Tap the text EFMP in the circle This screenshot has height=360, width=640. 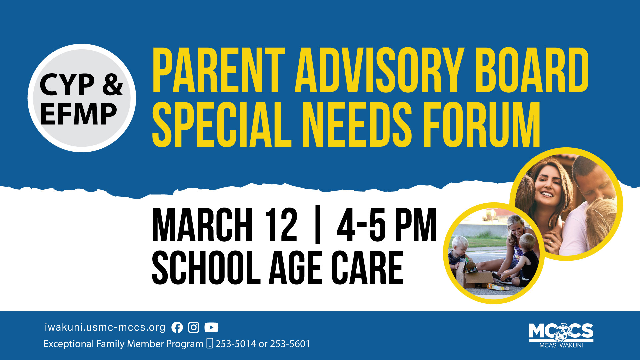point(79,114)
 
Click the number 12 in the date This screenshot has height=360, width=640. point(281,225)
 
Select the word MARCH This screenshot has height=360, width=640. point(202,225)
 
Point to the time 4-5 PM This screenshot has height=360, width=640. point(387,225)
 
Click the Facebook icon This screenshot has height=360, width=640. point(177,328)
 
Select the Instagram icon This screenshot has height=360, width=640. point(194,328)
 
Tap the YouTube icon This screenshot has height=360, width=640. point(211,328)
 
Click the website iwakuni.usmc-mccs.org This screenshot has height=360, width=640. point(105,327)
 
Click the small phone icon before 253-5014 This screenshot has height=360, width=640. point(210,343)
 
